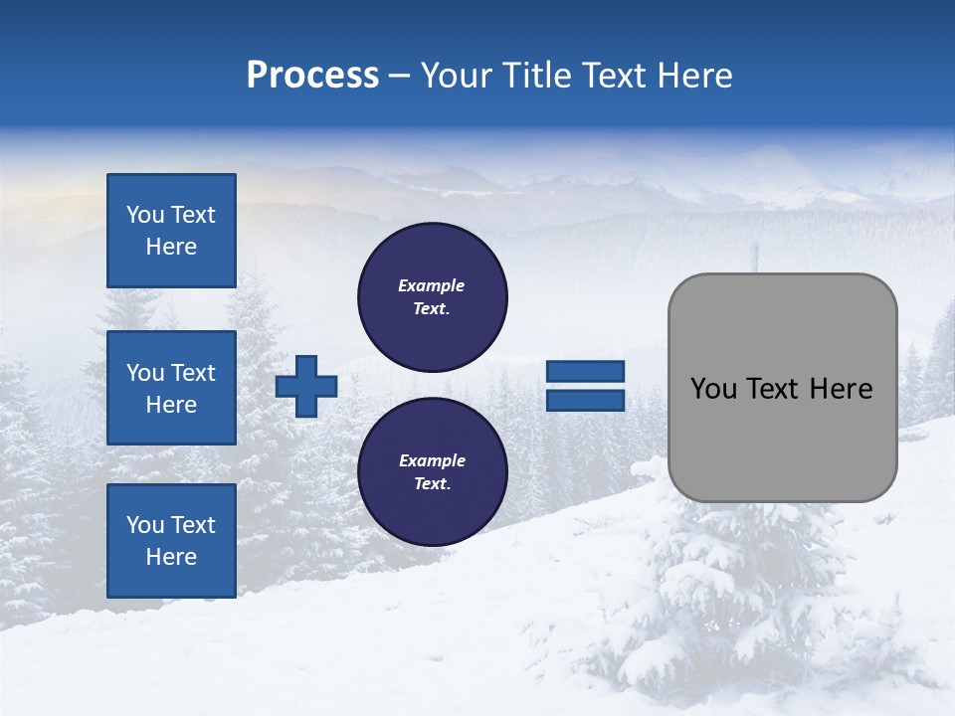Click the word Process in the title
click(312, 76)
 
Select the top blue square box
click(171, 231)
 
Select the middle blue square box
click(171, 388)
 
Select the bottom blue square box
click(171, 541)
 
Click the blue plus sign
click(306, 386)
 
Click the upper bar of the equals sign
click(585, 371)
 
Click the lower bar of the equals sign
click(585, 401)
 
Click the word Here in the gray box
click(841, 389)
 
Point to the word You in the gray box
click(713, 389)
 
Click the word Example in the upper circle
click(431, 285)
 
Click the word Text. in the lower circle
click(432, 484)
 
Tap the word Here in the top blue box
click(171, 247)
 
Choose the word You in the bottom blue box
click(145, 525)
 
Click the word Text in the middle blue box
click(193, 373)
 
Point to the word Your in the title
click(458, 76)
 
